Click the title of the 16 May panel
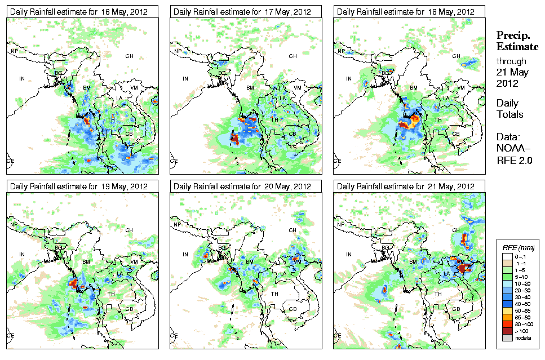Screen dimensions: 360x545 [x=79, y=12]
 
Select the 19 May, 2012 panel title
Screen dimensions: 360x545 [x=79, y=186]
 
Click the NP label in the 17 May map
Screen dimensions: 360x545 [x=178, y=51]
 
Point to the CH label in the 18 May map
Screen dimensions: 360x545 [x=457, y=56]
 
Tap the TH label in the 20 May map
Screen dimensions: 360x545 [x=274, y=294]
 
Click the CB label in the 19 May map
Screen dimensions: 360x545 [x=129, y=308]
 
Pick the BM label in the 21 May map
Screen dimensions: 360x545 [x=413, y=263]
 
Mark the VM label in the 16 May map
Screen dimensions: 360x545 [x=135, y=88]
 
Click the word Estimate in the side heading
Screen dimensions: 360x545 [x=517, y=46]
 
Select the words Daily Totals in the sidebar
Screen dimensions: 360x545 [x=510, y=109]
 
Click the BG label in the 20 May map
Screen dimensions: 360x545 [x=221, y=248]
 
